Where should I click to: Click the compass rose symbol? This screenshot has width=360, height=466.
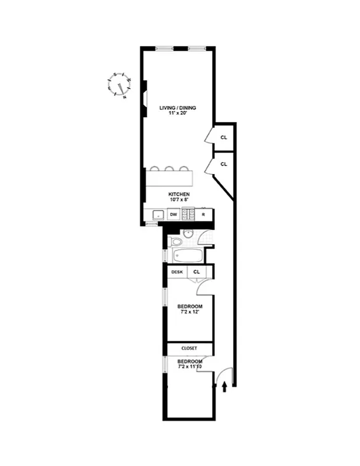pos(120,85)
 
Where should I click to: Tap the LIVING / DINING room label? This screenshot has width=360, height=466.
pos(178,108)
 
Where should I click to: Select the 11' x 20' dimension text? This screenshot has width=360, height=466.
pos(178,115)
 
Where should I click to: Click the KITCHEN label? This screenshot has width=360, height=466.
pos(178,195)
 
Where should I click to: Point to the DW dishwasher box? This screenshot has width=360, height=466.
pos(173,214)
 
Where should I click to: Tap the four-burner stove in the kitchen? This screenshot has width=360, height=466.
pos(188,214)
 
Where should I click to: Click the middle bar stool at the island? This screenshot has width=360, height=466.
pos(169,170)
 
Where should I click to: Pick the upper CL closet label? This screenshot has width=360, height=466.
pos(223,137)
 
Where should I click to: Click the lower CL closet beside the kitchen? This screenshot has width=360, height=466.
pos(223,164)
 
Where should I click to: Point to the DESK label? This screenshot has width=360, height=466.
pos(177,272)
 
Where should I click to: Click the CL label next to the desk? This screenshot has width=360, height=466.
pos(196,272)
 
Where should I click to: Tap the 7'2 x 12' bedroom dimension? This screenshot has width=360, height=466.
pos(190,313)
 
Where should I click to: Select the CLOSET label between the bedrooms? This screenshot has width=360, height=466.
pos(189,348)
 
